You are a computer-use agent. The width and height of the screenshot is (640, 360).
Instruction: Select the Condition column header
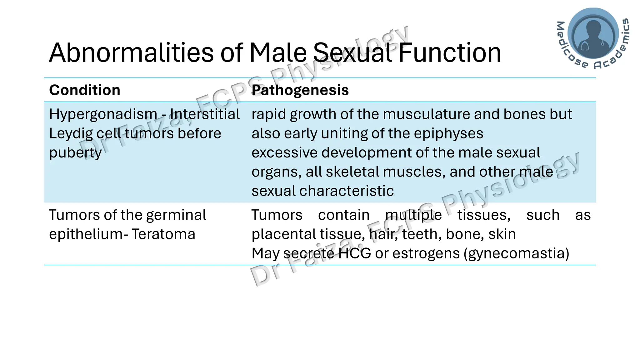[x=85, y=90]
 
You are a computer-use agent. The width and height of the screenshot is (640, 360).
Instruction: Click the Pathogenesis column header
[x=300, y=90]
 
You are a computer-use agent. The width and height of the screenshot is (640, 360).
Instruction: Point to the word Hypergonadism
[x=103, y=114]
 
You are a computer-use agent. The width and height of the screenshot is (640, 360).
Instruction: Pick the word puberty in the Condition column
[x=75, y=153]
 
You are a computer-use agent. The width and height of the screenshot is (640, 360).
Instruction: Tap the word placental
[x=279, y=234]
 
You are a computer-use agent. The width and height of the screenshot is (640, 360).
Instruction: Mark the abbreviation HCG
[x=354, y=253]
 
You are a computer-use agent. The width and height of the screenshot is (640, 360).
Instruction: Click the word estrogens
[x=426, y=253]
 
